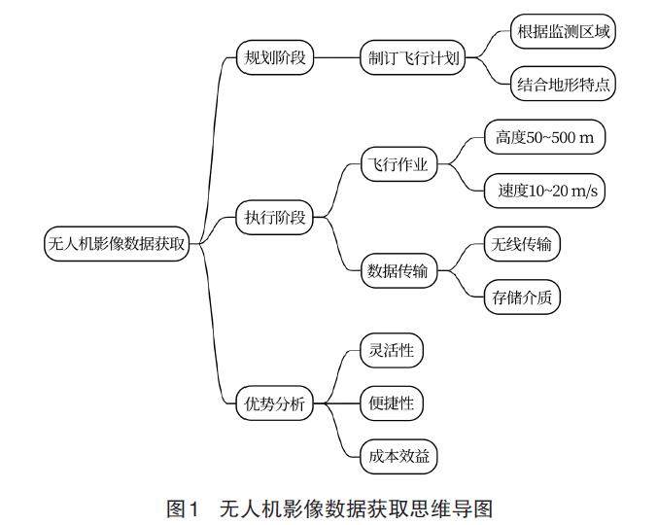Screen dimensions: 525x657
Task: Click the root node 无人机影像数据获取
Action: click(116, 244)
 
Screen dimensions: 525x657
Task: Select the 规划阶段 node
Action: click(276, 57)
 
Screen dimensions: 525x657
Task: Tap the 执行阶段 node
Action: click(276, 218)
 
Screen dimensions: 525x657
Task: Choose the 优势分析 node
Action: click(276, 402)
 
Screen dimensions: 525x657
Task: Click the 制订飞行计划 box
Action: click(409, 57)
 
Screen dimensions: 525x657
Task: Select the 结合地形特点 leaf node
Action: click(564, 85)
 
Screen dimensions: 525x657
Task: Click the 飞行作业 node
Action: click(398, 163)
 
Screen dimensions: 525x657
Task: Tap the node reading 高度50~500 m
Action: click(544, 138)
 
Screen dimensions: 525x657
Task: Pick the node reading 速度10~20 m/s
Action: click(544, 192)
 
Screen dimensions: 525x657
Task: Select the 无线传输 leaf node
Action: click(521, 244)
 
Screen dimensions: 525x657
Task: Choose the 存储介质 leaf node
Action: click(521, 297)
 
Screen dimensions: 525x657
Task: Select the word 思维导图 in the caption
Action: click(458, 507)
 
